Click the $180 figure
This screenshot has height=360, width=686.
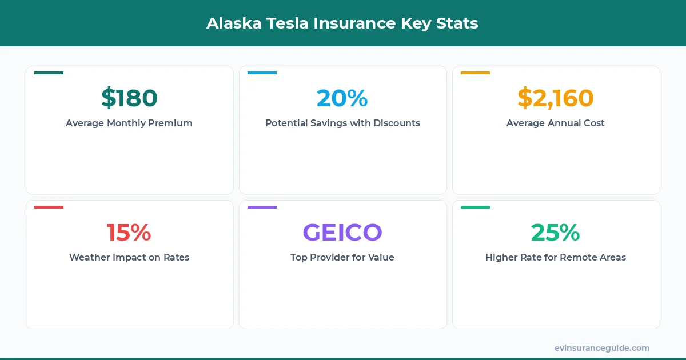click(x=129, y=98)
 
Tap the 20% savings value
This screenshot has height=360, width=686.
click(x=342, y=98)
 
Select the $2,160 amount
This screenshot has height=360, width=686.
click(x=556, y=98)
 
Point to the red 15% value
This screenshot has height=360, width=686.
click(x=129, y=233)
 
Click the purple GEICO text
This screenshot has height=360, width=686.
click(x=342, y=233)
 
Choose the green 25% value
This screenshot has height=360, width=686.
click(x=556, y=233)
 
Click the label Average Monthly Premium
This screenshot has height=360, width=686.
click(x=129, y=123)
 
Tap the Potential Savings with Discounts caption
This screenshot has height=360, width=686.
click(x=342, y=123)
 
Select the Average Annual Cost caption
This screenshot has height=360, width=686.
click(x=556, y=123)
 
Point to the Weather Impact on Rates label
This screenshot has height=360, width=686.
click(x=129, y=257)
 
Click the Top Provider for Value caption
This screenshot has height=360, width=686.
click(x=342, y=257)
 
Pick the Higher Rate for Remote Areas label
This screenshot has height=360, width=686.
click(x=556, y=257)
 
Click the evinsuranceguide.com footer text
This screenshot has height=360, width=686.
click(x=602, y=348)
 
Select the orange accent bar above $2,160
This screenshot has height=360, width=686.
click(x=475, y=73)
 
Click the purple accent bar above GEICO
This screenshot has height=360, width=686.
click(x=262, y=207)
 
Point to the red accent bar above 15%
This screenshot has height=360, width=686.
click(x=49, y=207)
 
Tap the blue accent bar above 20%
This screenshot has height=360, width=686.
click(x=262, y=73)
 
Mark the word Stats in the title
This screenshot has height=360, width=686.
click(x=457, y=23)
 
